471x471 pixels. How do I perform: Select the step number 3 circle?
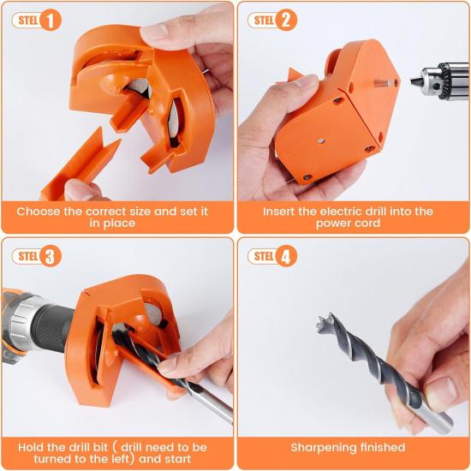click(x=51, y=256)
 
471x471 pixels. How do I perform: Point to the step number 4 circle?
click(x=286, y=256)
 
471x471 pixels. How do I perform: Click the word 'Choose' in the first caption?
click(x=39, y=211)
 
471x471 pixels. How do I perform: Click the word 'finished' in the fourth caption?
click(x=381, y=447)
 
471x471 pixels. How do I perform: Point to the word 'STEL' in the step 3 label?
click(x=27, y=256)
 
